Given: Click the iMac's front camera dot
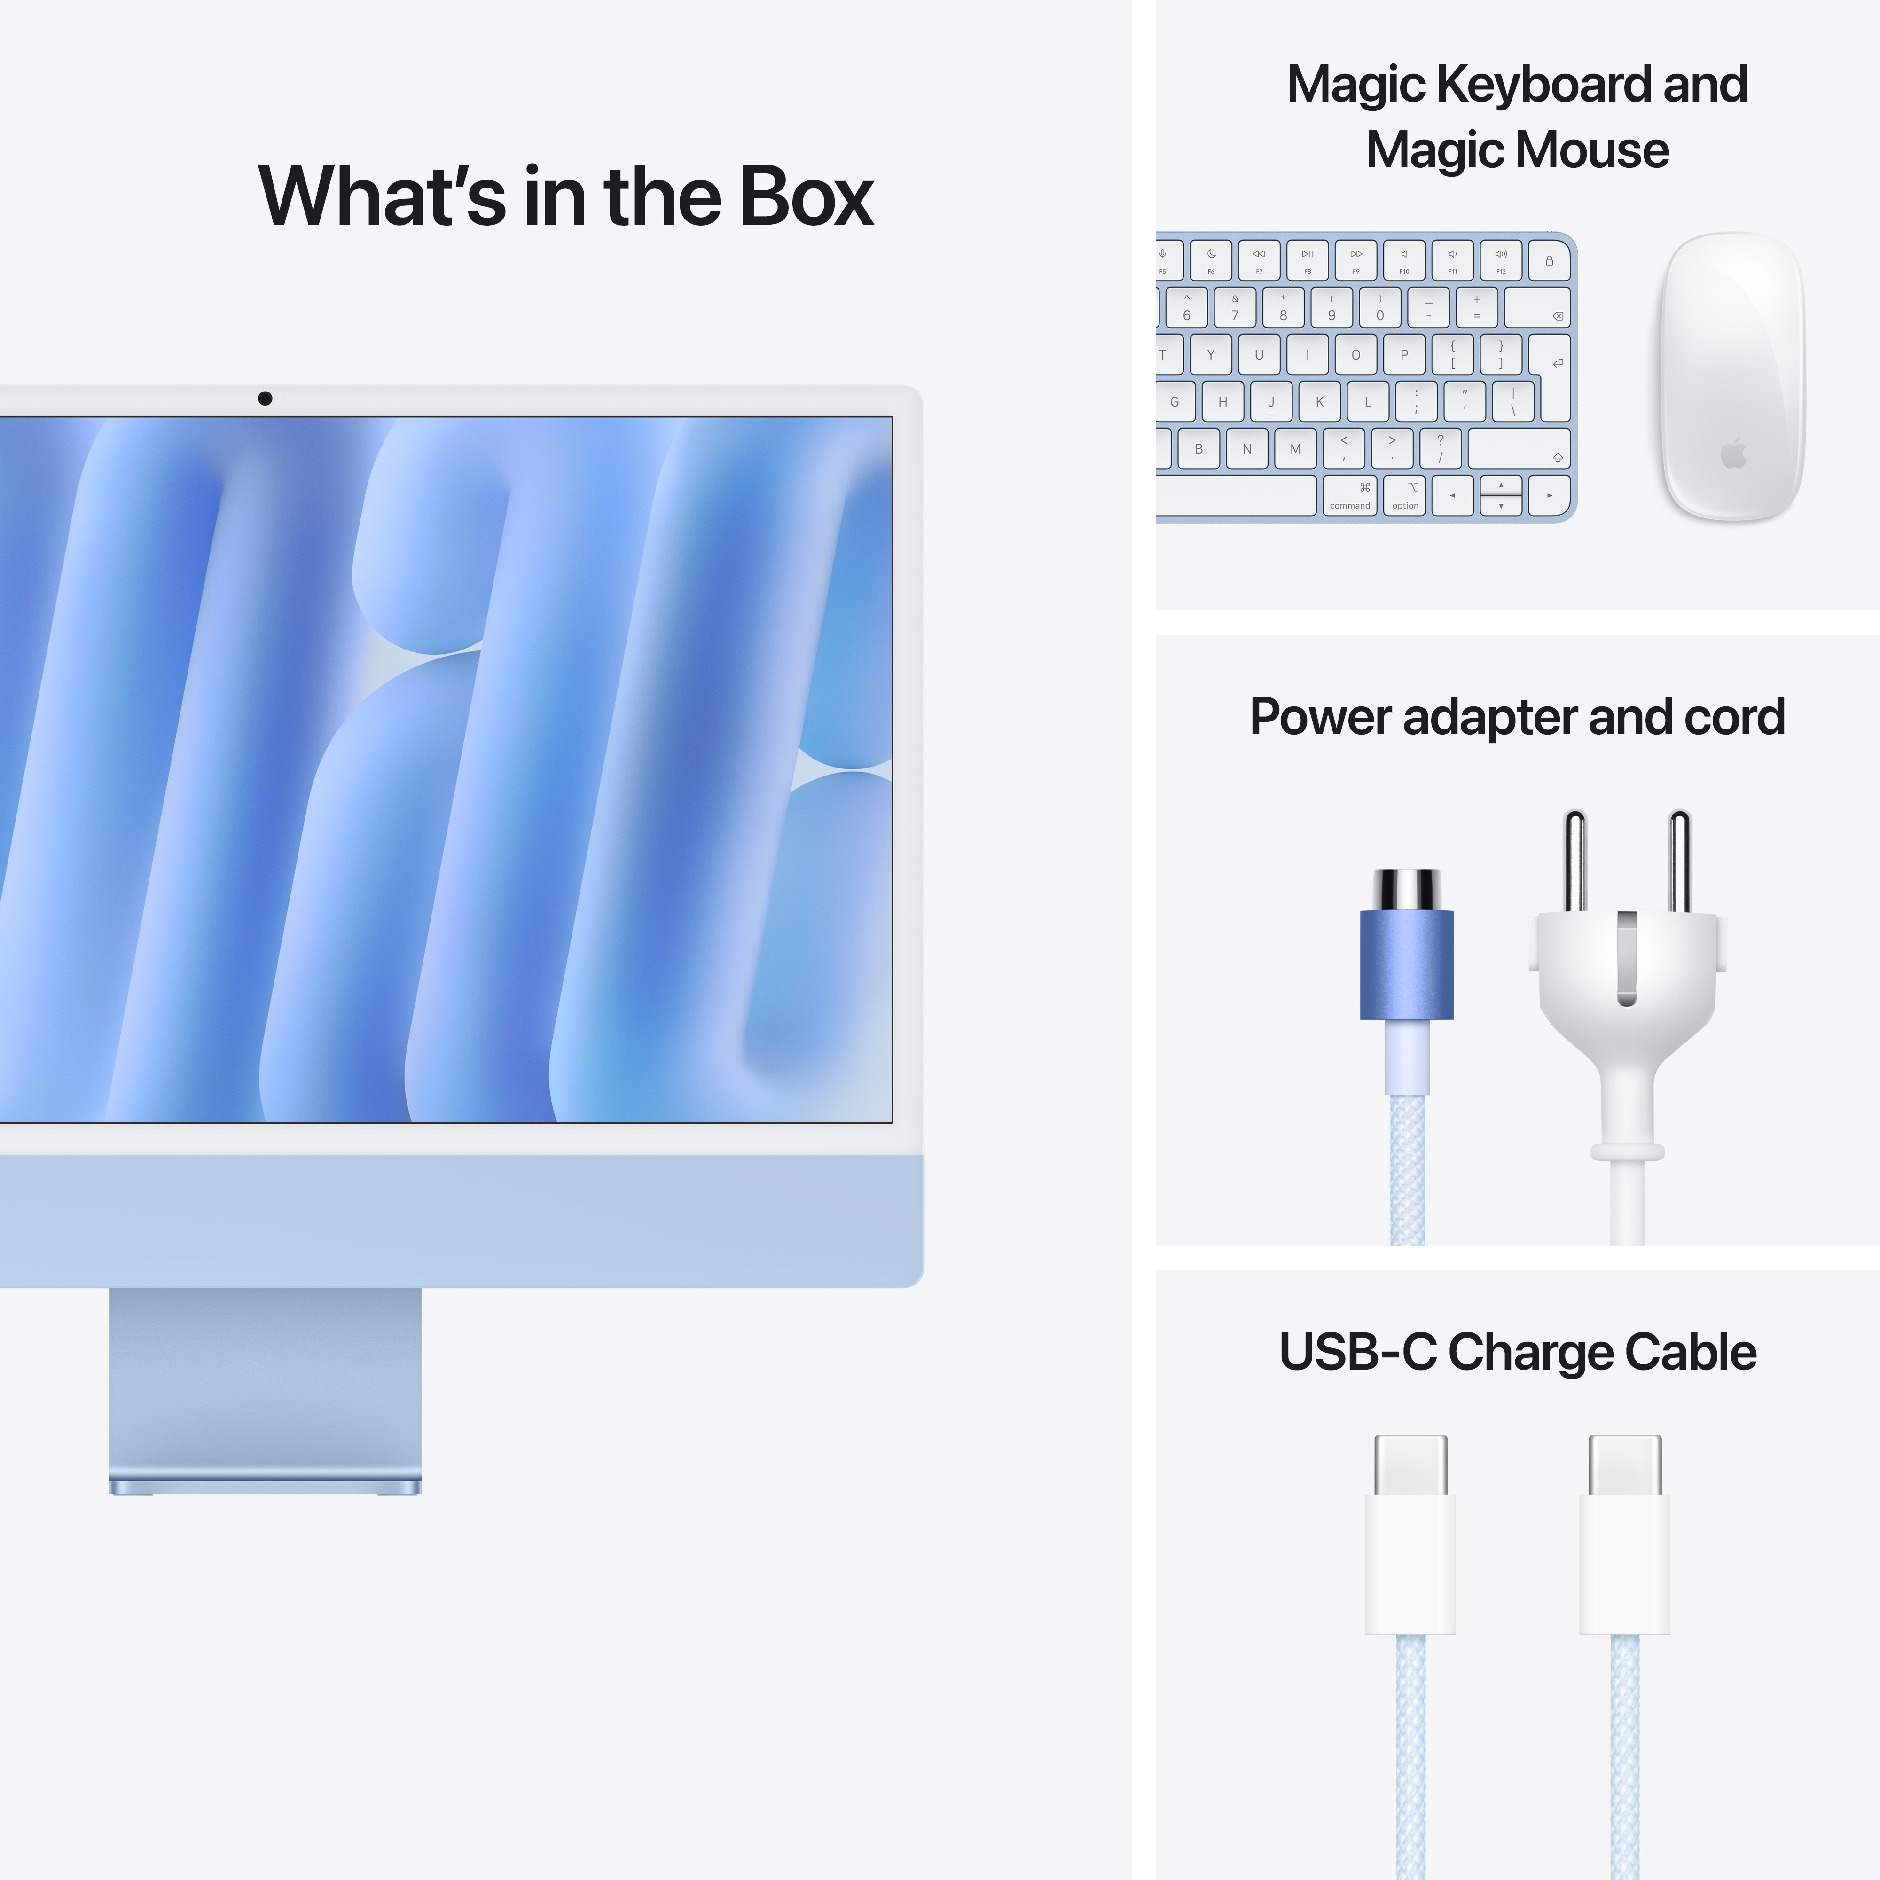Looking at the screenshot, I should pyautogui.click(x=265, y=398).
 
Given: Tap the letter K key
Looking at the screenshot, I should pyautogui.click(x=1319, y=401).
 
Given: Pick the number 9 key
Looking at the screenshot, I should pyautogui.click(x=1331, y=307).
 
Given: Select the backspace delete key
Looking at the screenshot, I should pyautogui.click(x=1537, y=307).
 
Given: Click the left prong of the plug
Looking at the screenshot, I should pyautogui.click(x=1574, y=861).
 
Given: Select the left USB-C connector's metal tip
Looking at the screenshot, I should pyautogui.click(x=1410, y=1465).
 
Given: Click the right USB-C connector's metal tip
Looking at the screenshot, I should pyautogui.click(x=1624, y=1465).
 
